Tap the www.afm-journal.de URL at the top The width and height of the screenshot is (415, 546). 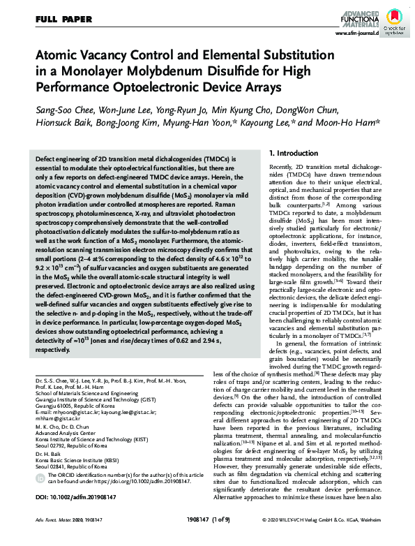coord(359,32)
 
